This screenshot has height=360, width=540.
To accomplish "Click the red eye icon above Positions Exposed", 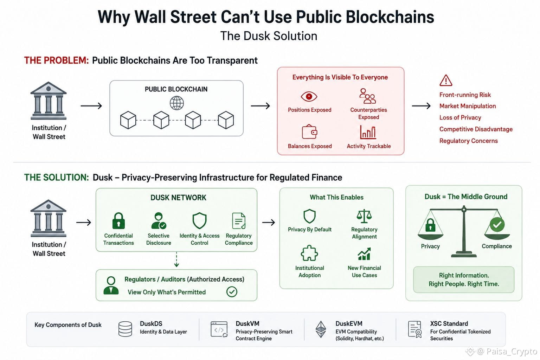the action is (309, 97).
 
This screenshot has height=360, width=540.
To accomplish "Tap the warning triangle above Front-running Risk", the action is (446, 80).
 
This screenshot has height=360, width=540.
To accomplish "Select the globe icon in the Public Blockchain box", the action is (177, 103).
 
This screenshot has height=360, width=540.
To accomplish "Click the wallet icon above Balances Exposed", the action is (309, 131).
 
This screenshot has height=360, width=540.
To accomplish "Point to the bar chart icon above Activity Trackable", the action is (368, 132).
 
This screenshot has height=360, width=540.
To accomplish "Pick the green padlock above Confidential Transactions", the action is (118, 221).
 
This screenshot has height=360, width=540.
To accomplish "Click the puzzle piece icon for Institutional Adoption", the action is (309, 253).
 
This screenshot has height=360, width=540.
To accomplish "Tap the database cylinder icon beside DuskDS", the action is (126, 329).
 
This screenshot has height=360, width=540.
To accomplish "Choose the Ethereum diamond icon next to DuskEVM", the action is (321, 329).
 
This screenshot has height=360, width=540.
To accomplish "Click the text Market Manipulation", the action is (468, 106).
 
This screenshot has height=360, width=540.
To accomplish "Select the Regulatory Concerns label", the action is (468, 141).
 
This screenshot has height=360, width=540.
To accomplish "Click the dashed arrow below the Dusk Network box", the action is (176, 259).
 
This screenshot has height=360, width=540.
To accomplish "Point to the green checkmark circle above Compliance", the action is (497, 225).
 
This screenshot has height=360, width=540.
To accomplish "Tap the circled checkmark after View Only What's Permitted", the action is (232, 292).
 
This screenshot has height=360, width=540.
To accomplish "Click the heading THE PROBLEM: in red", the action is (57, 60).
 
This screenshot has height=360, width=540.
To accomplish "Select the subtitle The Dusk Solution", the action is (269, 36).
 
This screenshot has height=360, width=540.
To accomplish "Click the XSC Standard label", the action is (449, 323).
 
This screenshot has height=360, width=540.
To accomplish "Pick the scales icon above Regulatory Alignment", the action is (364, 216).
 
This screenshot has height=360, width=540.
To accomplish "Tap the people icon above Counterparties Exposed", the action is (367, 96).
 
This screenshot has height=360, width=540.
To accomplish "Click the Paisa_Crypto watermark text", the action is (512, 352).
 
